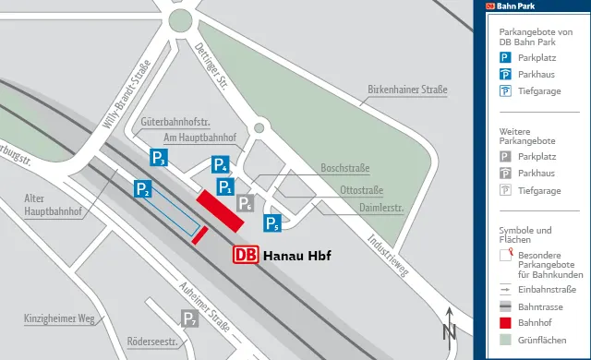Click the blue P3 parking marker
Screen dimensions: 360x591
pyautogui.click(x=159, y=158)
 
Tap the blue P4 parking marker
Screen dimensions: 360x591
pyautogui.click(x=220, y=165)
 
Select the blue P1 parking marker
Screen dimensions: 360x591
pyautogui.click(x=225, y=187)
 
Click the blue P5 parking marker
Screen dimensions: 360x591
pyautogui.click(x=272, y=222)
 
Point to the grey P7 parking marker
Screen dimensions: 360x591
pyautogui.click(x=189, y=319)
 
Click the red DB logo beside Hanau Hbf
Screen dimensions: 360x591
pyautogui.click(x=245, y=255)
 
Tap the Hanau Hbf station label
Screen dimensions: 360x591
pyautogui.click(x=296, y=256)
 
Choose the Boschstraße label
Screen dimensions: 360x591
pyautogui.click(x=344, y=168)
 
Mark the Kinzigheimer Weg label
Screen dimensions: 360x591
pyautogui.click(x=60, y=319)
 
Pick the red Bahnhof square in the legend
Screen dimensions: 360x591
pyautogui.click(x=505, y=323)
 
